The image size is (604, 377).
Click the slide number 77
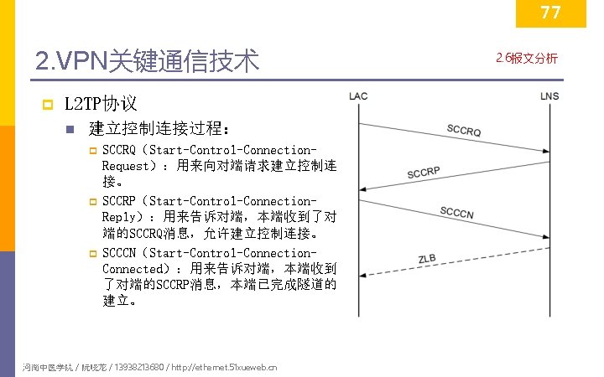point(550,13)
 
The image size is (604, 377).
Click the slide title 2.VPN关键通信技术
point(148,61)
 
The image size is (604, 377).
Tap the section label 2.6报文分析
point(527,58)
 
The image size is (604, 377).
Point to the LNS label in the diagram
point(549,96)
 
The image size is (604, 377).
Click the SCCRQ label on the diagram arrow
point(463,131)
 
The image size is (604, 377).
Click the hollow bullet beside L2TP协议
point(47,105)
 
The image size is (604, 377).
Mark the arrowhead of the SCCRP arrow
point(362,189)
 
